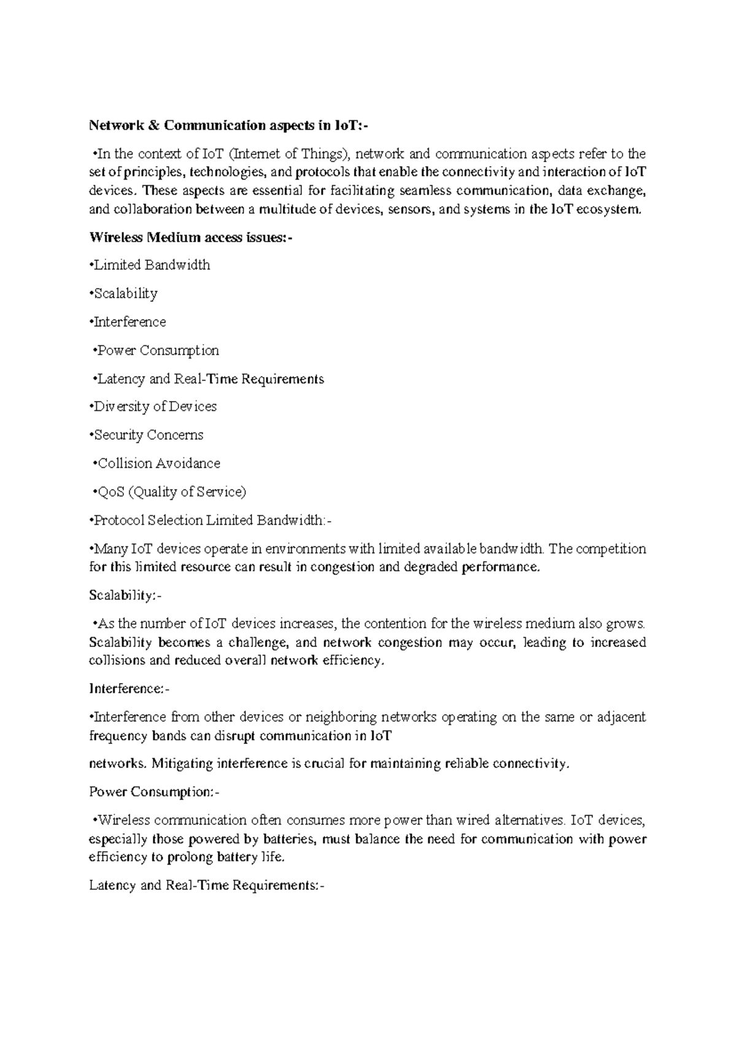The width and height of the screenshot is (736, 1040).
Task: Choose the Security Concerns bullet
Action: pos(147,435)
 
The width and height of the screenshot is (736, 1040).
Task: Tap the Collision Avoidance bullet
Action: pos(156,463)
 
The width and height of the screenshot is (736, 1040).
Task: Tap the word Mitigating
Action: pos(175,763)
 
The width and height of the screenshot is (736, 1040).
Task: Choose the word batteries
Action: pos(288,839)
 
